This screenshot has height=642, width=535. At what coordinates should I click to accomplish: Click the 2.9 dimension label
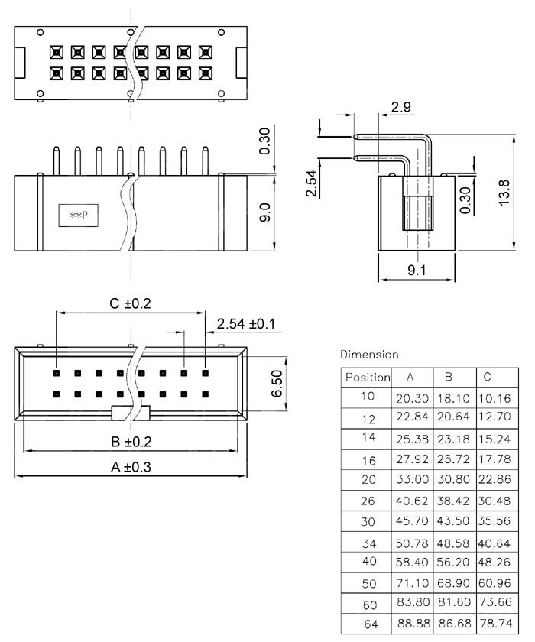coord(401,108)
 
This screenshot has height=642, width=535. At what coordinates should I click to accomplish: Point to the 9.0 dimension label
coord(265,212)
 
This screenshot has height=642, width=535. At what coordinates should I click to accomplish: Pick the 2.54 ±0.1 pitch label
coord(245,324)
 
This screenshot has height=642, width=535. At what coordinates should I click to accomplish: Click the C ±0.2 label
coord(131,303)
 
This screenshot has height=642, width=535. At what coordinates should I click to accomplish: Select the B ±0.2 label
coord(131,441)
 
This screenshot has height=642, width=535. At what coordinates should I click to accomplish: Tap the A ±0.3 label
coord(131,468)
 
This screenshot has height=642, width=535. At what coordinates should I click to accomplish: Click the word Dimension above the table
coord(369,355)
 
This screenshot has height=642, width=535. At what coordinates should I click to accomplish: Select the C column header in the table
coord(487,378)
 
